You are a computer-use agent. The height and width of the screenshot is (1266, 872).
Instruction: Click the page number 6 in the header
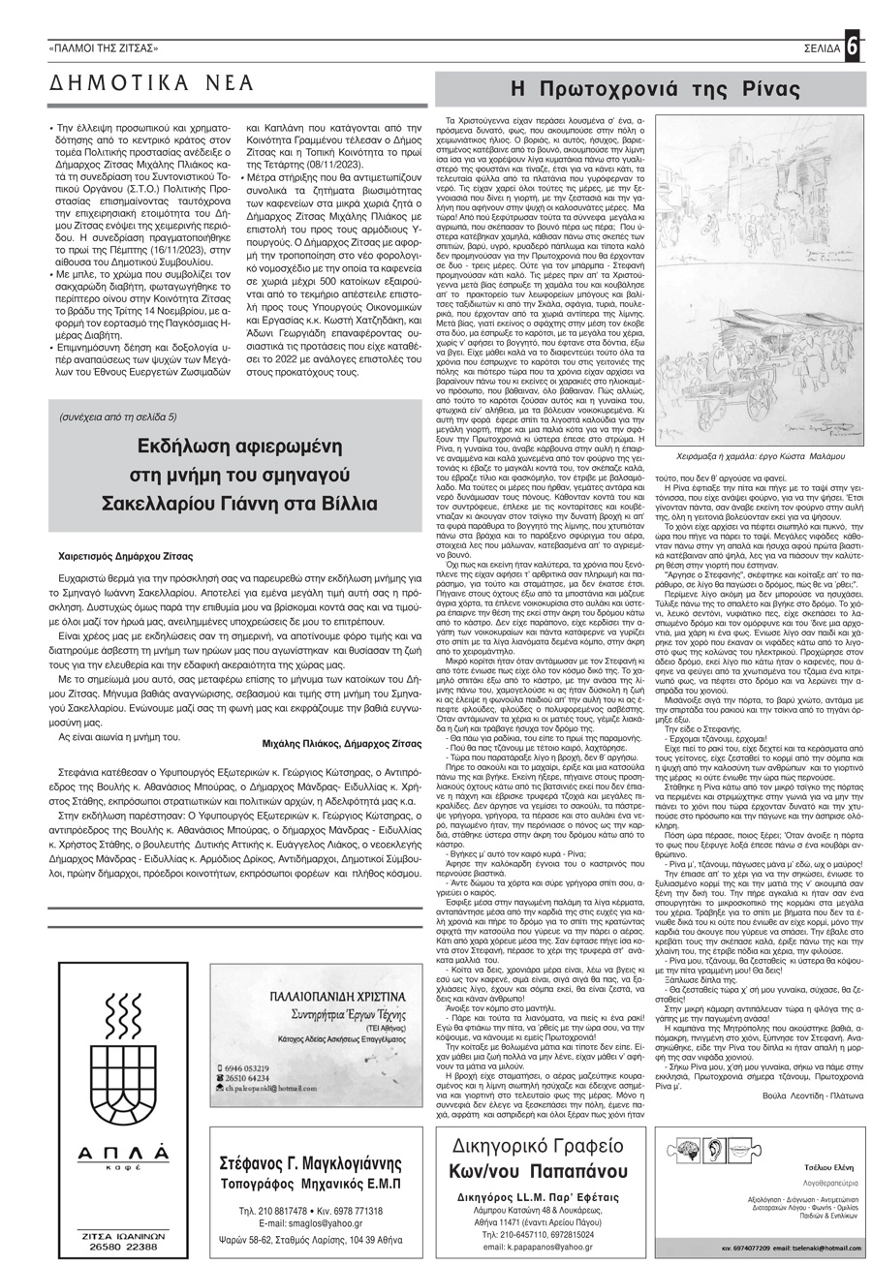click(853, 46)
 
